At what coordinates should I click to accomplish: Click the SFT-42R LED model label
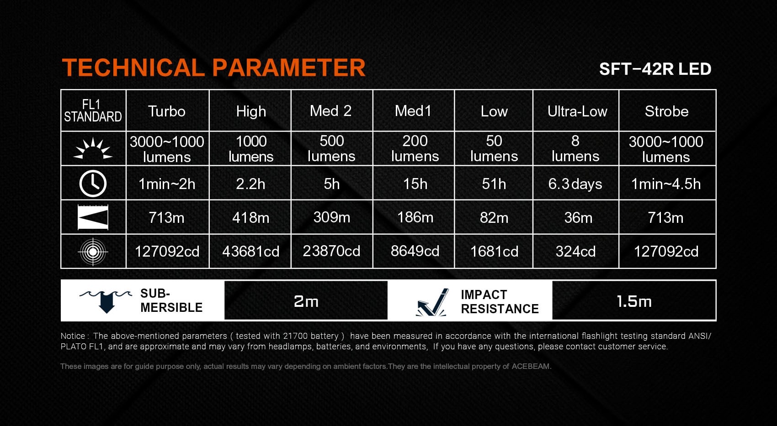(x=655, y=69)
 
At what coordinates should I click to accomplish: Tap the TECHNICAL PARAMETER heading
(x=214, y=67)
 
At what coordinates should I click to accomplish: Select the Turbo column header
(x=167, y=111)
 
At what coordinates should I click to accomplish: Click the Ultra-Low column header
(x=577, y=111)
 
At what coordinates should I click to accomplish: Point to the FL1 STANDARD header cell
(x=93, y=110)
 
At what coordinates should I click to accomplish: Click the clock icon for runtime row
(x=93, y=184)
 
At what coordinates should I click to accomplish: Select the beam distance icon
(x=93, y=217)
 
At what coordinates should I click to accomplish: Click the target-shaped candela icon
(x=93, y=252)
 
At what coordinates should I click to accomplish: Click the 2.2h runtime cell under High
(x=250, y=184)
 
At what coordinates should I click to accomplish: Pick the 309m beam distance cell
(x=332, y=217)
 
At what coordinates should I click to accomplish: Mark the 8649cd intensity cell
(x=415, y=251)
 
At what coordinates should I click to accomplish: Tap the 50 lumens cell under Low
(x=494, y=148)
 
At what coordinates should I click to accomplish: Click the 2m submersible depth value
(x=306, y=301)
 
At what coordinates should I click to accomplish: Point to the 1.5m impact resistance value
(x=634, y=301)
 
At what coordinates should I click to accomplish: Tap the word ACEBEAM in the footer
(x=531, y=366)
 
